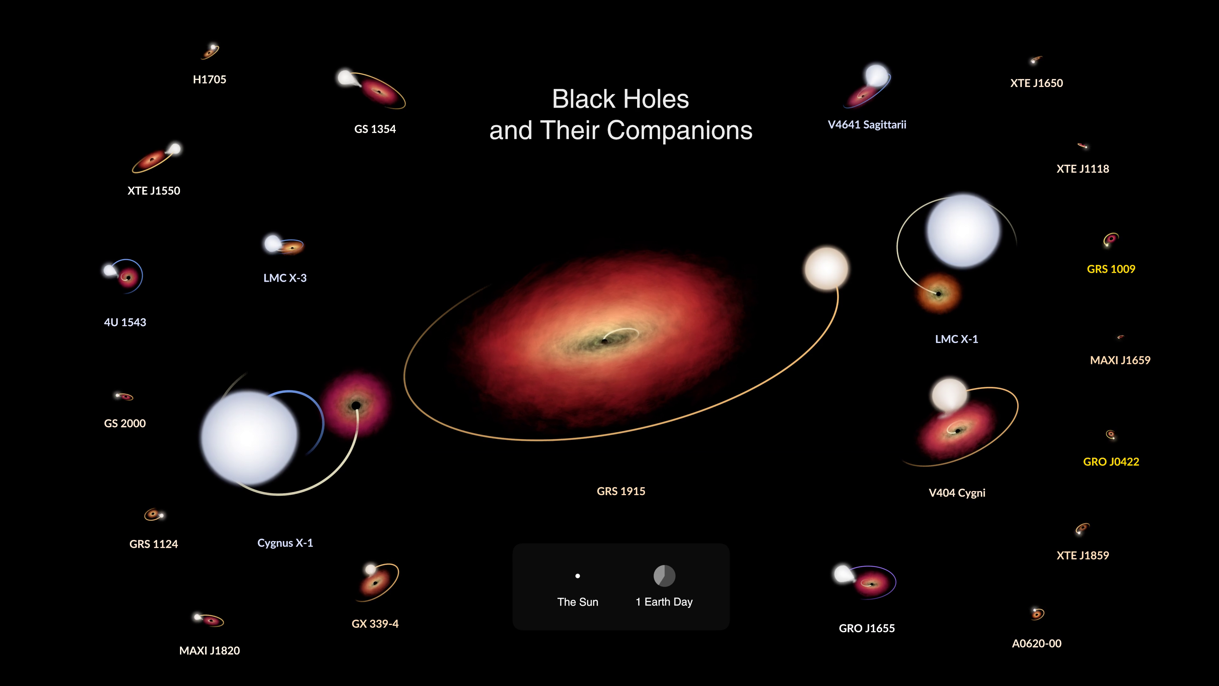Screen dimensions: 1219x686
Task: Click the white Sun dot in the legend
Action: point(577,576)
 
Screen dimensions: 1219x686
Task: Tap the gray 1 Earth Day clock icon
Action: point(664,576)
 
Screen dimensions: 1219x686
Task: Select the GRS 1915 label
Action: point(621,491)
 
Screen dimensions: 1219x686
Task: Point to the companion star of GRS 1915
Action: point(826,268)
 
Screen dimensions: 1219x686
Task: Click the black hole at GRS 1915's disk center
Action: point(604,341)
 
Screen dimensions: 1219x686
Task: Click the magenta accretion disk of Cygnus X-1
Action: point(356,405)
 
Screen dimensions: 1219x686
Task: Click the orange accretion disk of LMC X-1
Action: point(938,293)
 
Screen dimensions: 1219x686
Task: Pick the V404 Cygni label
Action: point(957,493)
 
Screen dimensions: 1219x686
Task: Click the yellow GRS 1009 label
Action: point(1111,269)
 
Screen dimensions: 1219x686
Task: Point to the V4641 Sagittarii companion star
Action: point(876,75)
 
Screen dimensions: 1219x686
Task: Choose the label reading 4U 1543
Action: point(125,322)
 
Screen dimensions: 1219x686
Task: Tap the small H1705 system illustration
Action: point(210,51)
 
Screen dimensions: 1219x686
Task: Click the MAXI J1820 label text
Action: point(210,650)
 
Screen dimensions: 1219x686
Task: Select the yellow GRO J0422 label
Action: point(1111,461)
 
